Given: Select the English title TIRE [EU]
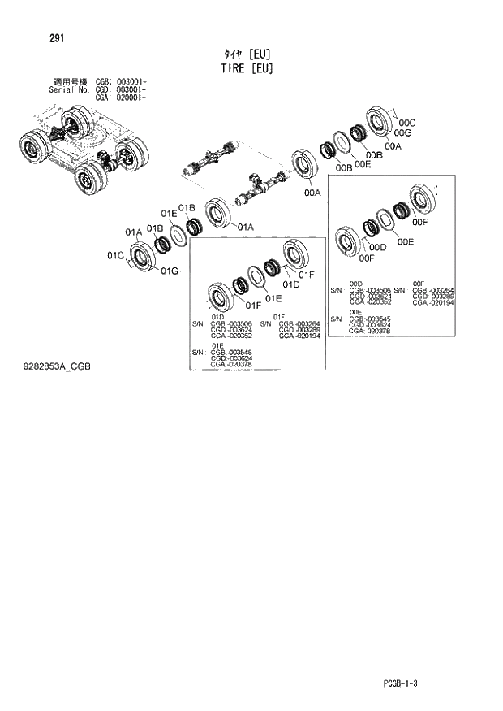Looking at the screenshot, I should (x=247, y=68).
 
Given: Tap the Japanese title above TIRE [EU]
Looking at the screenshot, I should (x=247, y=54).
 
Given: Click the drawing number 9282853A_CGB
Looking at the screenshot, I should (x=57, y=367).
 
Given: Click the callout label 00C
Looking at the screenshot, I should (x=407, y=123).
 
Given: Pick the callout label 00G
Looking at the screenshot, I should (x=403, y=133).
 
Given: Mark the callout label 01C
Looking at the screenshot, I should (x=114, y=255).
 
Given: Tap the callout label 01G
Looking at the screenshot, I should (x=169, y=271).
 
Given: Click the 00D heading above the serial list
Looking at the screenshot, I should (x=355, y=283).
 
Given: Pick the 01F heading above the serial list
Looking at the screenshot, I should (x=278, y=316).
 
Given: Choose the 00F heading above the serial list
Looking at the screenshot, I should (x=419, y=283).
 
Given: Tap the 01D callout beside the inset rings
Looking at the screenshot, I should (x=290, y=284).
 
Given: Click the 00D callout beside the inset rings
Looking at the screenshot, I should (x=377, y=247).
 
